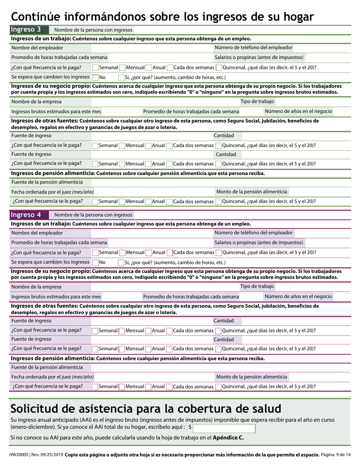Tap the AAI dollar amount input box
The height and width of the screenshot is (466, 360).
pyautogui.click(x=224, y=428)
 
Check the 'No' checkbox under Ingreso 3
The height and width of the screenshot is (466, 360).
pyautogui.click(x=95, y=77)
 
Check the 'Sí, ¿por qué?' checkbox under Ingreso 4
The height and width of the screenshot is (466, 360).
pyautogui.click(x=122, y=263)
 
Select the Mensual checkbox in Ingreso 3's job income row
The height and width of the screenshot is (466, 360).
pyautogui.click(x=122, y=68)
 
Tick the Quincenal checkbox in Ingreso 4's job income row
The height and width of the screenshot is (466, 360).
pyautogui.click(x=219, y=253)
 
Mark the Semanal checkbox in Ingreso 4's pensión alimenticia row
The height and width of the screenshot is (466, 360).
pyautogui.click(x=95, y=387)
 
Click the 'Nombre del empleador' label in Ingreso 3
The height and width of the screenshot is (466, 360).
pyautogui.click(x=37, y=48)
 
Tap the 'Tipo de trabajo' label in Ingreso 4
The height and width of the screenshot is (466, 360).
pyautogui.click(x=257, y=286)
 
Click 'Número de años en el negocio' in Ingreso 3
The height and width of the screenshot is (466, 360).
pyautogui.click(x=298, y=111)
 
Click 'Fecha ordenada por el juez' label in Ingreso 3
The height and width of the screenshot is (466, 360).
pyautogui.click(x=52, y=192)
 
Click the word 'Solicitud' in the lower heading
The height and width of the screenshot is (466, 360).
pyautogui.click(x=37, y=409)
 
